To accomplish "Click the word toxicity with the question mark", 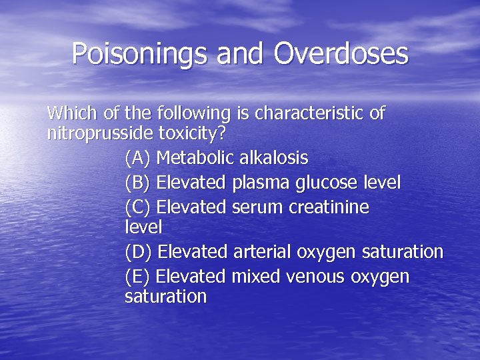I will pyautogui.click(x=192, y=133).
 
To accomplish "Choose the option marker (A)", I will pyautogui.click(x=138, y=158).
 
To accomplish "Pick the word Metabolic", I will pyautogui.click(x=195, y=158).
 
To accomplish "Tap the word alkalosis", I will pyautogui.click(x=273, y=158).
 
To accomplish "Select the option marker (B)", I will pyautogui.click(x=138, y=183).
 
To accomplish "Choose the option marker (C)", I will pyautogui.click(x=138, y=207).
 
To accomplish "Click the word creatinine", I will pyautogui.click(x=329, y=207).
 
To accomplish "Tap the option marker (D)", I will pyautogui.click(x=139, y=252).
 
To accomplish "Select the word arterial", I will pyautogui.click(x=263, y=252).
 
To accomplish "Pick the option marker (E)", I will pyautogui.click(x=138, y=277).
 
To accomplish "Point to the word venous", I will pyautogui.click(x=313, y=277).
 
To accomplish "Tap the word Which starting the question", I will pyautogui.click(x=71, y=113).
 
